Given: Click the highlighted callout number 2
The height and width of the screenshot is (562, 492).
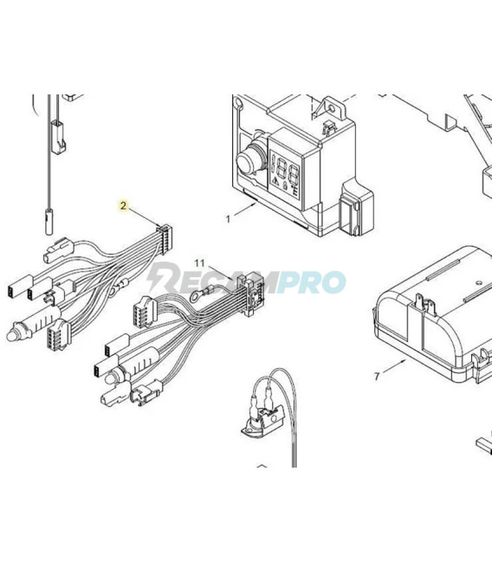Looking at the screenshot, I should pos(124,205).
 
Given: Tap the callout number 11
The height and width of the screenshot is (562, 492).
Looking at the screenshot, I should pos(200,261).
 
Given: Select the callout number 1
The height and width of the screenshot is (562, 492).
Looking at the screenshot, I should pos(229,219).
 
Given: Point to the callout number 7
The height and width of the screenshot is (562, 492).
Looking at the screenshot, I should pos(377,376).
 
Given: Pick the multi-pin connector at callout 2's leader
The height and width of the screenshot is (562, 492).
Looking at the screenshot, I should pos(165,234).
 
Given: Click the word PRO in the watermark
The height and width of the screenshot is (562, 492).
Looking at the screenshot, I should pos(315,281).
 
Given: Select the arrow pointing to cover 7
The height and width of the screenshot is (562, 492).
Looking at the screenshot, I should pos(393,368).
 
